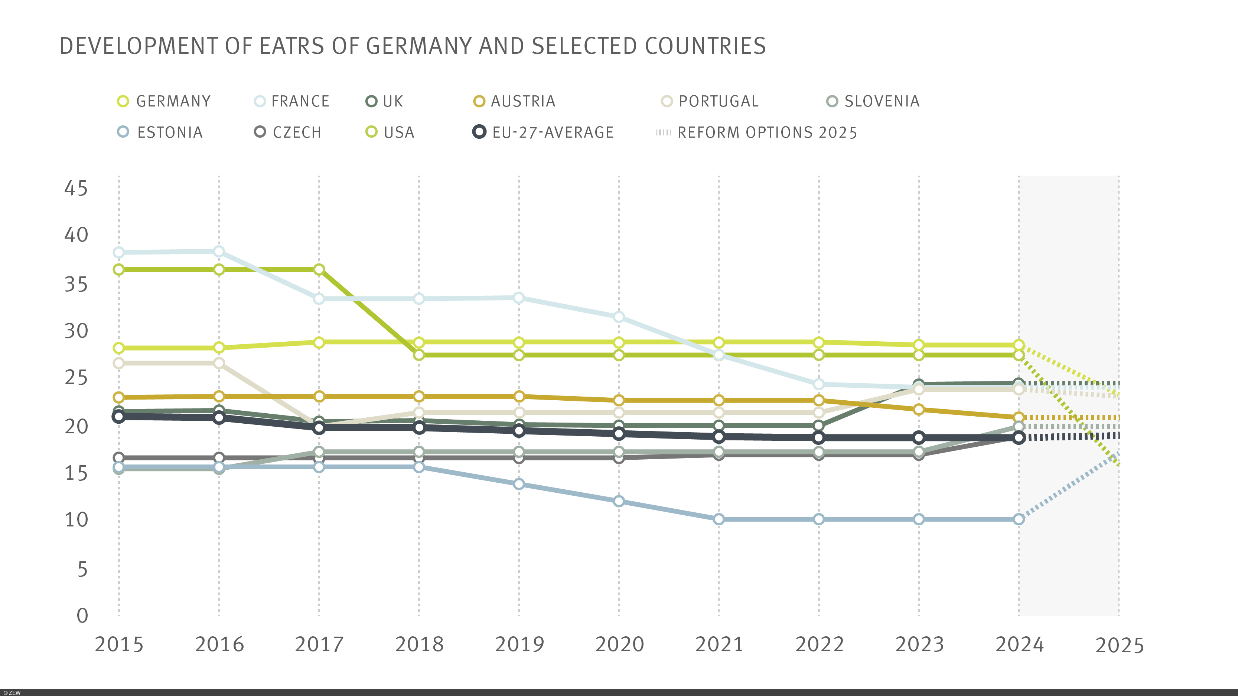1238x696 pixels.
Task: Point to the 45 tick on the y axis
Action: (x=76, y=188)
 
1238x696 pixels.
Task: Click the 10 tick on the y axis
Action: (x=76, y=520)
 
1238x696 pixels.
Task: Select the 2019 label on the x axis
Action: (x=519, y=644)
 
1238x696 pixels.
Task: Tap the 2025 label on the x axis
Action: (x=1119, y=645)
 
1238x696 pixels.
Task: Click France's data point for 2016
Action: (x=219, y=252)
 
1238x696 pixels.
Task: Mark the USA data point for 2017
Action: (x=319, y=269)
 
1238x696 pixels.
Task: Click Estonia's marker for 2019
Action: (x=519, y=484)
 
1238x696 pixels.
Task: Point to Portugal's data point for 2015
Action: (x=119, y=363)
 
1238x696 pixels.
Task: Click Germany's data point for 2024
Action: (x=1019, y=345)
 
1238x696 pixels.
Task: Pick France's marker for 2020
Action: (x=619, y=317)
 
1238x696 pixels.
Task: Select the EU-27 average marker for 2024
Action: (x=1019, y=437)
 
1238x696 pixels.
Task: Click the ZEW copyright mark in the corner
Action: (x=12, y=693)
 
